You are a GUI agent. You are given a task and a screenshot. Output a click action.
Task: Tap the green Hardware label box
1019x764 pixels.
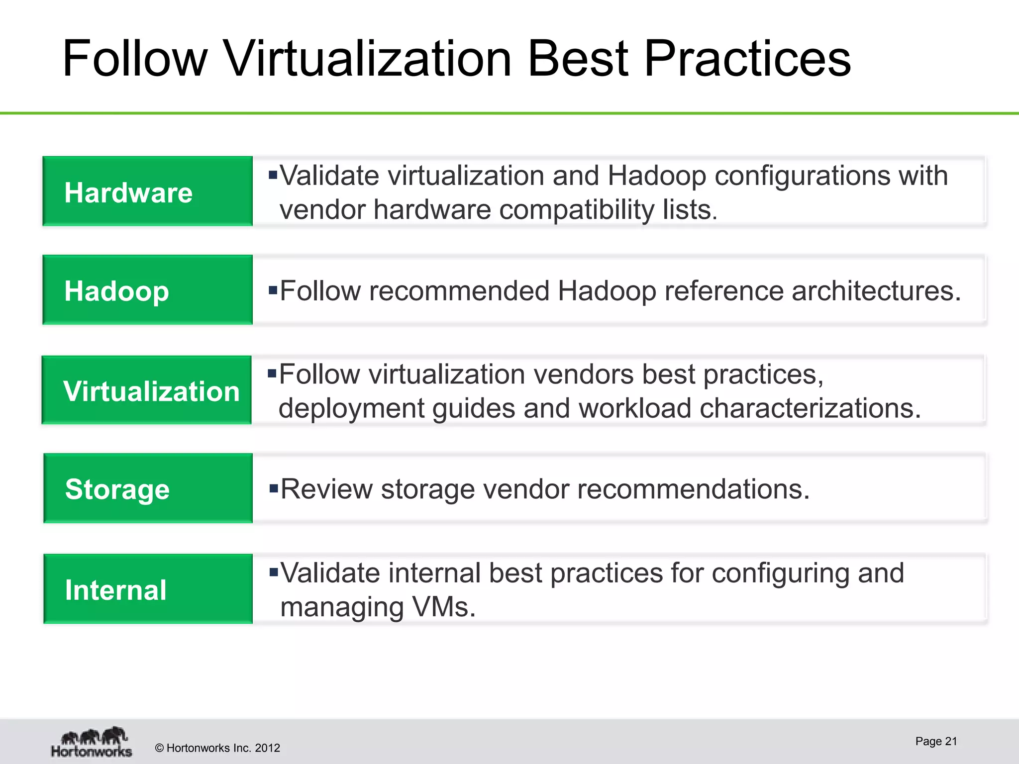(x=147, y=191)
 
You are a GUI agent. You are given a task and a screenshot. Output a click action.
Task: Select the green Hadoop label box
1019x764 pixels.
(x=147, y=290)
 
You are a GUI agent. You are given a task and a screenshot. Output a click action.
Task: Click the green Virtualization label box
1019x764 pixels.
(x=147, y=390)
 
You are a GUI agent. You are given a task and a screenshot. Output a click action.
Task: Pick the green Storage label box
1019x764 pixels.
(x=148, y=488)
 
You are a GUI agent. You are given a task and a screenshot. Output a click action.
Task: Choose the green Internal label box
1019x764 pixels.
(x=148, y=589)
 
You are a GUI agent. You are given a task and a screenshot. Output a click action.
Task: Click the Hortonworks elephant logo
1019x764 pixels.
(x=92, y=742)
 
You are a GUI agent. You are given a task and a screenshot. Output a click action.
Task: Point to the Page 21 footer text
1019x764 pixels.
(x=936, y=741)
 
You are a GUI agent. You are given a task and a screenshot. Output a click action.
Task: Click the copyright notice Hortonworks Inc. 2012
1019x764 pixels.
(x=217, y=748)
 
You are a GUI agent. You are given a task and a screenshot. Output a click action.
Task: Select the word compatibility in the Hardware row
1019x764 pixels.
(x=577, y=209)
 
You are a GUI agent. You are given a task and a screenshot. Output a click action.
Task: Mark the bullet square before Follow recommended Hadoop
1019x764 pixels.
(x=273, y=289)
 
